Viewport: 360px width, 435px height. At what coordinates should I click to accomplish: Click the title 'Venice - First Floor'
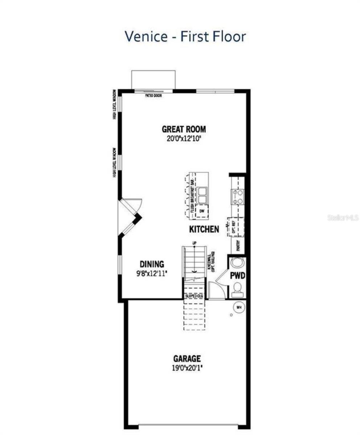click(x=185, y=36)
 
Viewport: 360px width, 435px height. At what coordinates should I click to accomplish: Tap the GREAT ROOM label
click(x=184, y=129)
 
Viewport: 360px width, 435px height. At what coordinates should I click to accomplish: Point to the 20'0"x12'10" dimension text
click(x=184, y=138)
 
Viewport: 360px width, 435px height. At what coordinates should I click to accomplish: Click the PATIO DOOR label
click(x=153, y=96)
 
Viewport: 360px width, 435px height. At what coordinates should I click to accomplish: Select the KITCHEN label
click(x=204, y=229)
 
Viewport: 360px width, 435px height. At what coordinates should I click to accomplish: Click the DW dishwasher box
click(x=202, y=210)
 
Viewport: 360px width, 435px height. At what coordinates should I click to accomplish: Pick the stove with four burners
click(x=238, y=196)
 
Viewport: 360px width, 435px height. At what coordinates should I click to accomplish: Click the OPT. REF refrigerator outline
click(x=236, y=227)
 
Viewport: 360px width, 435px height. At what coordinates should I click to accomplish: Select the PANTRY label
click(x=238, y=246)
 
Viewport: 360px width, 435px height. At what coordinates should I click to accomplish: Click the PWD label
click(x=237, y=275)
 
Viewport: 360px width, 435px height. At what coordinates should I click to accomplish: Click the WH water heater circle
click(x=238, y=307)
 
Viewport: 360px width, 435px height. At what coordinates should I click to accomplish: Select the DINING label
click(x=152, y=264)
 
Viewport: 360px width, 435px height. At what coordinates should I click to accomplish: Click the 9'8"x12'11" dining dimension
click(x=152, y=273)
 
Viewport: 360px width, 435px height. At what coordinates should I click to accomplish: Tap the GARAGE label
click(x=187, y=359)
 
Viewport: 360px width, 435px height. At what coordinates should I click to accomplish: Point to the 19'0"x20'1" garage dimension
click(x=187, y=368)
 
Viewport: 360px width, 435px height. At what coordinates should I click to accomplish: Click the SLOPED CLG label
click(x=195, y=296)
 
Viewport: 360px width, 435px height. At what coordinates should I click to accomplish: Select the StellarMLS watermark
click(x=343, y=218)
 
